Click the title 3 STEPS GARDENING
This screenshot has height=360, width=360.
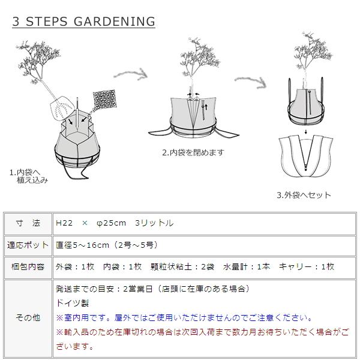click(x=83, y=22)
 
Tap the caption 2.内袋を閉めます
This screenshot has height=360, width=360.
click(x=193, y=152)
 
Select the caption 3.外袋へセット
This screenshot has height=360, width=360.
click(x=304, y=195)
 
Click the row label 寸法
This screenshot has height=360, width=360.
click(x=28, y=223)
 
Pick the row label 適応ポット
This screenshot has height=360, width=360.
click(x=28, y=245)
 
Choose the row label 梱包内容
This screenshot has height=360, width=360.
click(x=28, y=266)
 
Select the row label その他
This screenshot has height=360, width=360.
click(x=28, y=318)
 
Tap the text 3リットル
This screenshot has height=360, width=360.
click(x=155, y=223)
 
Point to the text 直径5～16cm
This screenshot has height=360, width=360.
click(x=82, y=245)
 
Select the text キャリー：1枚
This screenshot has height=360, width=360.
click(x=306, y=266)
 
